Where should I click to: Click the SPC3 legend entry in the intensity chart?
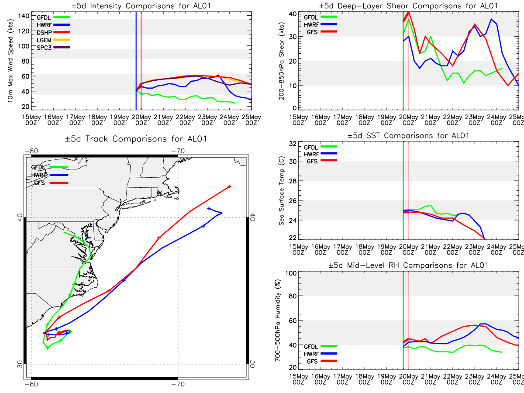[x=53, y=48]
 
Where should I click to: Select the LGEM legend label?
[x=44, y=40]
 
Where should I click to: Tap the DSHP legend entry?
[x=53, y=32]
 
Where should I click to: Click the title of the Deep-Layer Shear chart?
[x=408, y=6]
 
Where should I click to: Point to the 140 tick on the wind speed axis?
[x=24, y=16]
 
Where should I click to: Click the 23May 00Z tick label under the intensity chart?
[x=207, y=120]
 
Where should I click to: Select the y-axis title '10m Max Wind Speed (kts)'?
[x=10, y=61]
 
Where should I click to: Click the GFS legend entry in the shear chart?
[x=322, y=32]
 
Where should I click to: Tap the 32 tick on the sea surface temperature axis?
[x=293, y=144]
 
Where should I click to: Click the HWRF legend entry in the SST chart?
[x=321, y=154]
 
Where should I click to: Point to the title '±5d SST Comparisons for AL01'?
[x=408, y=135]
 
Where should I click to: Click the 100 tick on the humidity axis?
[x=291, y=273]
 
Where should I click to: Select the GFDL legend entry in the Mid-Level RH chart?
[x=321, y=346]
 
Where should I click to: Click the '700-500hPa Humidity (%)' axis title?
[x=277, y=321]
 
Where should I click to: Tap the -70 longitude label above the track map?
[x=178, y=151]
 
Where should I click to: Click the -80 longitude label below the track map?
[x=31, y=384]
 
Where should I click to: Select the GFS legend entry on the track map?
[x=51, y=183]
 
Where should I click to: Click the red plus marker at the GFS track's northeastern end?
[x=229, y=186]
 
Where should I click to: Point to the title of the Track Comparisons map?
[x=136, y=139]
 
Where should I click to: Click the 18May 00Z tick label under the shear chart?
[x=365, y=120]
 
